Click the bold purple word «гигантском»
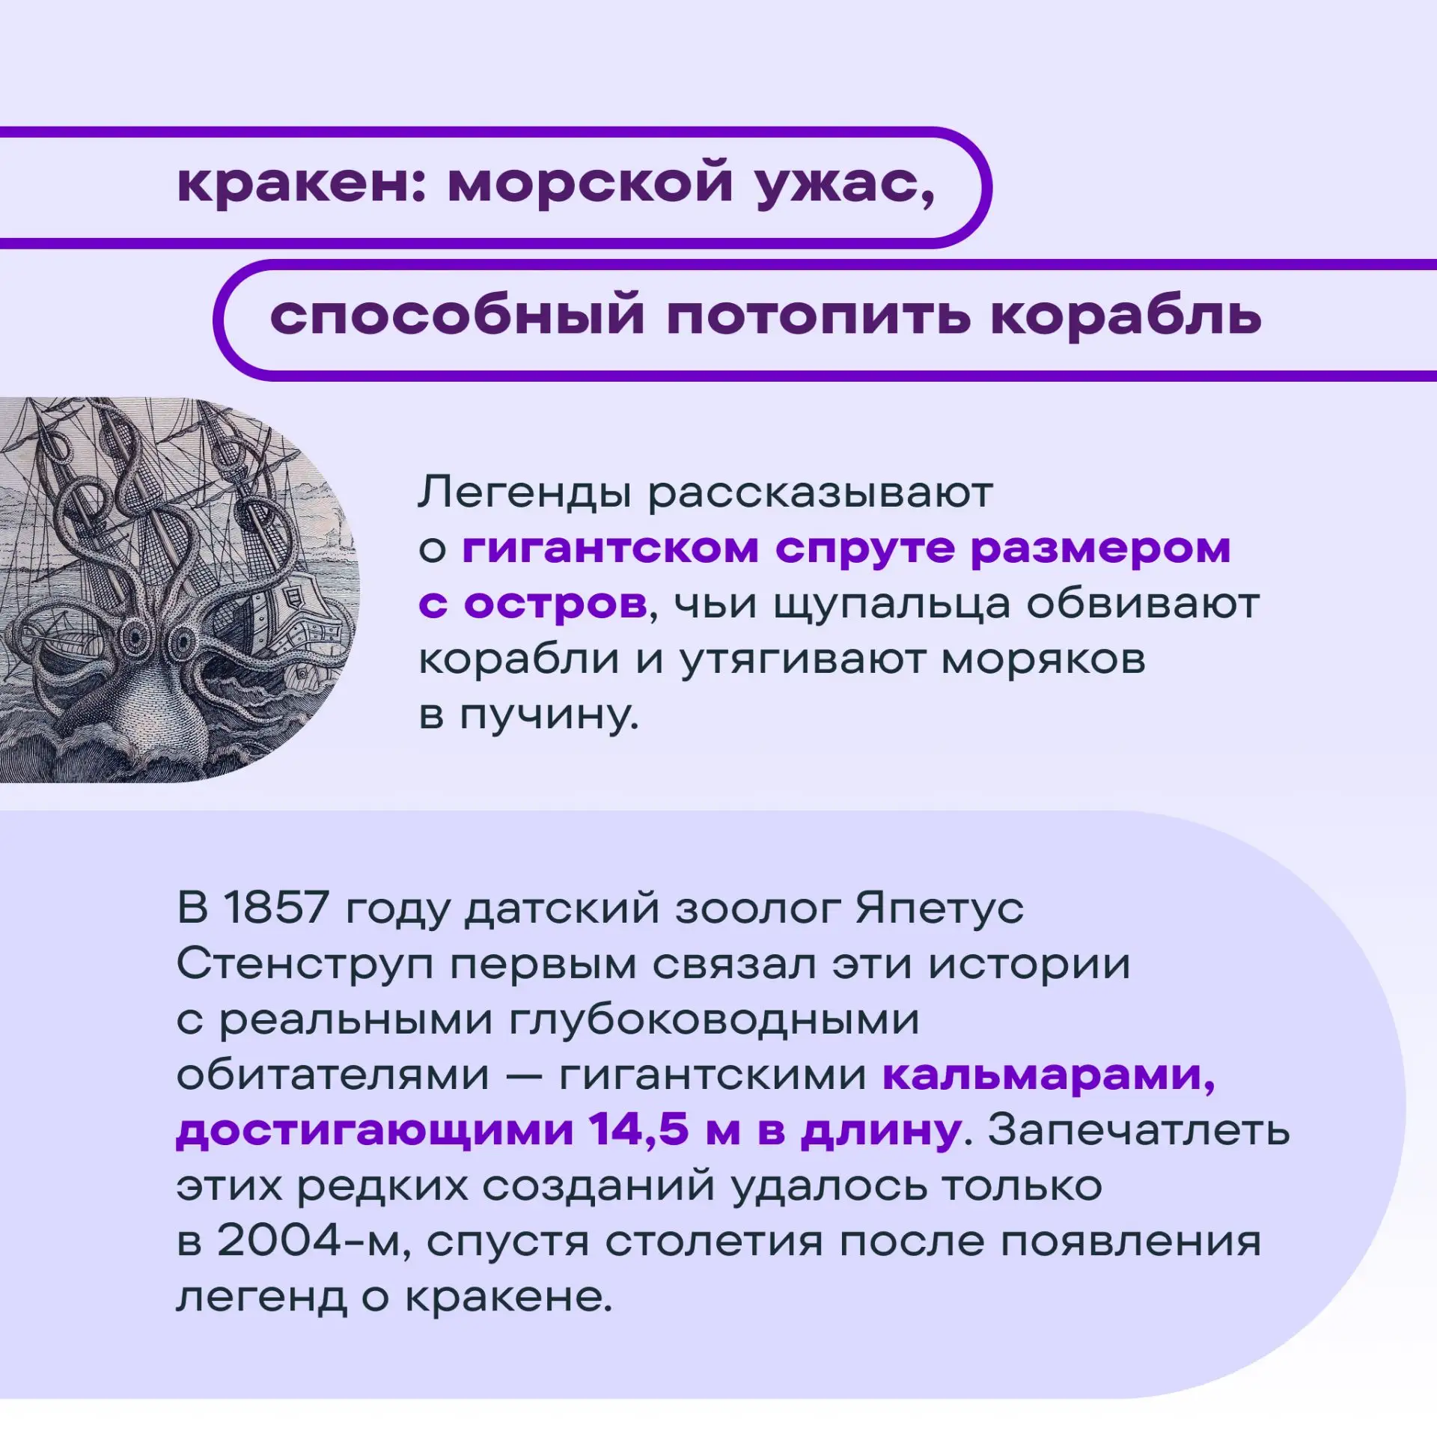(610, 551)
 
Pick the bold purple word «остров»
(555, 605)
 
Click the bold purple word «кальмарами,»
(1049, 1076)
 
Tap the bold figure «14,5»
(638, 1132)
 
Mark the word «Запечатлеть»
(1139, 1131)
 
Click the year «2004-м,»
(312, 1243)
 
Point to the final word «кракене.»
(509, 1297)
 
